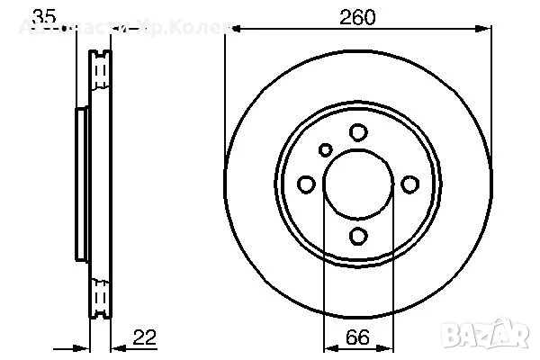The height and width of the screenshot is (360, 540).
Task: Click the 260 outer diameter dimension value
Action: coord(358,17)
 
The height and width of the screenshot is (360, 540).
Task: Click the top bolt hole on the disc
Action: coord(358,132)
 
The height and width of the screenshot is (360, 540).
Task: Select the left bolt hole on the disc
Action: coord(306,184)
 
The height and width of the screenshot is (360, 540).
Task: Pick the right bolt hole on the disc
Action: coord(410,184)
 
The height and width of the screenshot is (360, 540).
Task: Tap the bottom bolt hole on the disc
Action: coord(358,237)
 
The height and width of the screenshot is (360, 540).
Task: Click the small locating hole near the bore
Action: coord(326,150)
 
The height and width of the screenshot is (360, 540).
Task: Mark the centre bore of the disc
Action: coord(358,184)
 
